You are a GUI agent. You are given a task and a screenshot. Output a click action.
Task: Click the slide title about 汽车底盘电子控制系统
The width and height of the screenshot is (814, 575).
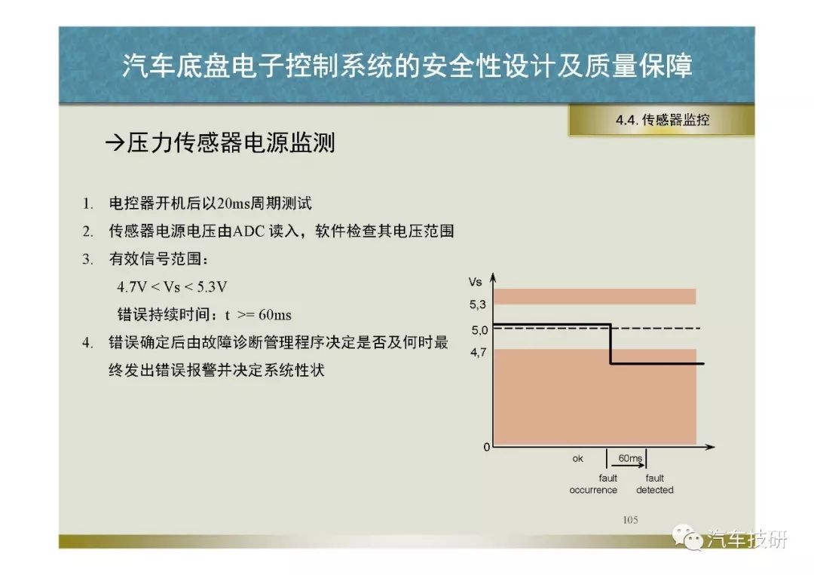[x=407, y=66]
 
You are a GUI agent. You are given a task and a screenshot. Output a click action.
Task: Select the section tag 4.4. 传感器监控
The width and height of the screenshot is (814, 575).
[x=663, y=120]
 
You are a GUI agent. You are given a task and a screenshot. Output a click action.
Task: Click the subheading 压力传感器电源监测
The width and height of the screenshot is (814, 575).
[x=231, y=142]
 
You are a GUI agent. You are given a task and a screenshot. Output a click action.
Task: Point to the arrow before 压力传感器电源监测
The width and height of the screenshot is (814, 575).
[x=115, y=142]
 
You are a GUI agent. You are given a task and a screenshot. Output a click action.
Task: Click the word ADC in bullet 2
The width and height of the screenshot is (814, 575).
[x=248, y=231]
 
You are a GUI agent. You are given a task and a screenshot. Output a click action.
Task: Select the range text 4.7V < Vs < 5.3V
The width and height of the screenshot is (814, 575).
[x=172, y=287]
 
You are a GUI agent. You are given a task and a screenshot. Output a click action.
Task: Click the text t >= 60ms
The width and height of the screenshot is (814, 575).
[x=258, y=314]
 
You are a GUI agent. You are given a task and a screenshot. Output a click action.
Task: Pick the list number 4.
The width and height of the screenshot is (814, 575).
[x=87, y=342]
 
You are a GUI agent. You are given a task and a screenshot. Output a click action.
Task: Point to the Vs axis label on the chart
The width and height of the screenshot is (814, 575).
[x=475, y=283]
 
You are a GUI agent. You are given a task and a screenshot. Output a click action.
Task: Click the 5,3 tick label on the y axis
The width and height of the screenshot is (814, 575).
[x=478, y=304]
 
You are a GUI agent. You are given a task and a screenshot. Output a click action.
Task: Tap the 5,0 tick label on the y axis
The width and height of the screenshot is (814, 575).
[x=479, y=330]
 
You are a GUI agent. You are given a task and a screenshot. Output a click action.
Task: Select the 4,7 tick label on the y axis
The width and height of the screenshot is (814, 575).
[x=478, y=353]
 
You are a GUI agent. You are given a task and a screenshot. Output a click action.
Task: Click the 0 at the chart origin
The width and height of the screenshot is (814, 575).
[x=486, y=447]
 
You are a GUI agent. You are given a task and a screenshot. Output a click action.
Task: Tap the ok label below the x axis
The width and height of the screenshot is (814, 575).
[x=578, y=459]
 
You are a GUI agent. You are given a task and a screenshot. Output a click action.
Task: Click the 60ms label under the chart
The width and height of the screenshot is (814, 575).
[x=630, y=458]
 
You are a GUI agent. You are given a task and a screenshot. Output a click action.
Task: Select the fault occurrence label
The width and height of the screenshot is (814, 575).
[x=593, y=484]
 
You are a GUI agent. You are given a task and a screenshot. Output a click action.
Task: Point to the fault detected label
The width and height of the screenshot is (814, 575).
[x=655, y=484]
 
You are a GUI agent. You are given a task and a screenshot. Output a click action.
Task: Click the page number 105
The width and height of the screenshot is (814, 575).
[x=630, y=520]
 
